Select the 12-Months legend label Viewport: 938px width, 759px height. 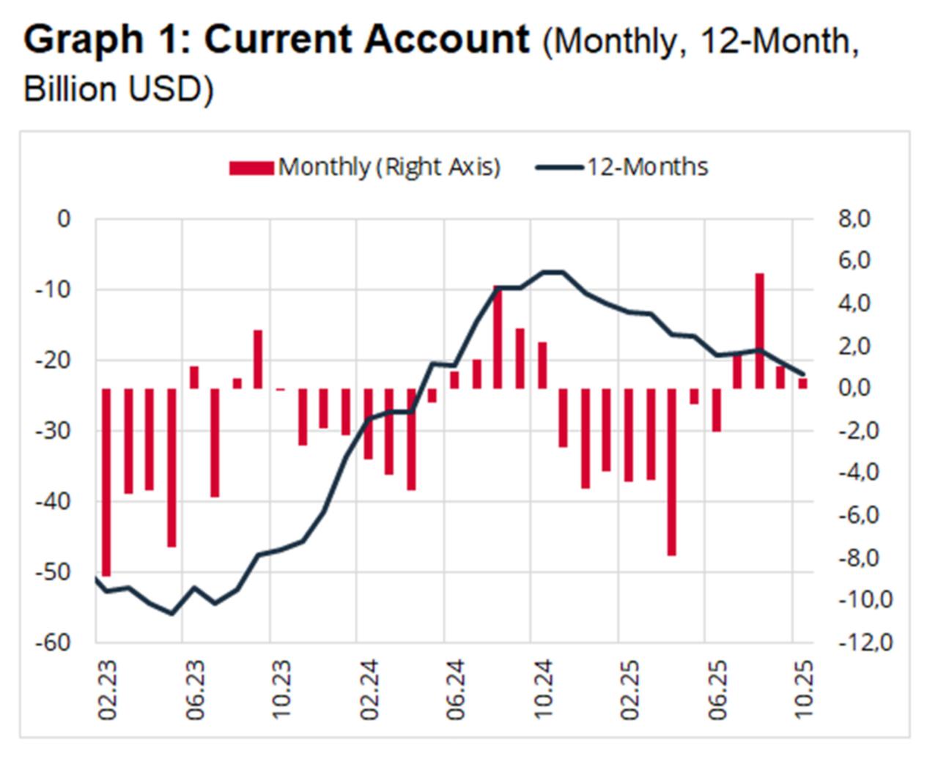pyautogui.click(x=646, y=167)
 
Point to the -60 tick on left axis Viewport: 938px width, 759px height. pyautogui.click(x=53, y=643)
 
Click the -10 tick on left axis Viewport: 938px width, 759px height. pyautogui.click(x=53, y=289)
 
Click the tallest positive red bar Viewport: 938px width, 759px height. pyautogui.click(x=759, y=330)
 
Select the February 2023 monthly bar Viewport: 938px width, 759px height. pyautogui.click(x=106, y=481)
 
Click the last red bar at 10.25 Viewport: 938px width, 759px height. pyautogui.click(x=803, y=383)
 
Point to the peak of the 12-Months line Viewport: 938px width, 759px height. pyautogui.click(x=552, y=272)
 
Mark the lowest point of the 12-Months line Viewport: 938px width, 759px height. pyautogui.click(x=172, y=613)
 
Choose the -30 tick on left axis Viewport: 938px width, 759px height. pyautogui.click(x=53, y=431)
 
